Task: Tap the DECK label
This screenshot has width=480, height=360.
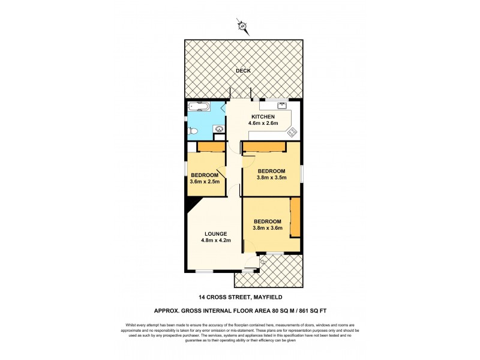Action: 242,71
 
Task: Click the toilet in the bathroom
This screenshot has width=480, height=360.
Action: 191,131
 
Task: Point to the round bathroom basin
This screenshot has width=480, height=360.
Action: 219,128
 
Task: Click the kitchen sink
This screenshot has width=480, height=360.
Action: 281,107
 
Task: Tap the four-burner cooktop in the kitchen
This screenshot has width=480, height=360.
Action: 292,132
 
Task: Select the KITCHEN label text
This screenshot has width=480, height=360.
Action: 263,116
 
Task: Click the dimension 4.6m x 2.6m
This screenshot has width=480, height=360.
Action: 263,124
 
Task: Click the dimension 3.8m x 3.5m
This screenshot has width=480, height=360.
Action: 272,178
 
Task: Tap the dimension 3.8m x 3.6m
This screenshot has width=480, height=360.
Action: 268,228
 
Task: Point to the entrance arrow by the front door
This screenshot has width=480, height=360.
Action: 263,262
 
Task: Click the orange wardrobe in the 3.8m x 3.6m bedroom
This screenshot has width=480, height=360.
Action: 294,217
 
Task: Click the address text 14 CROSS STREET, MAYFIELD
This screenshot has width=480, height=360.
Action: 242,296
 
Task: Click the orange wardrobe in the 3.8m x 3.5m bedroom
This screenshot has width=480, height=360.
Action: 263,147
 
